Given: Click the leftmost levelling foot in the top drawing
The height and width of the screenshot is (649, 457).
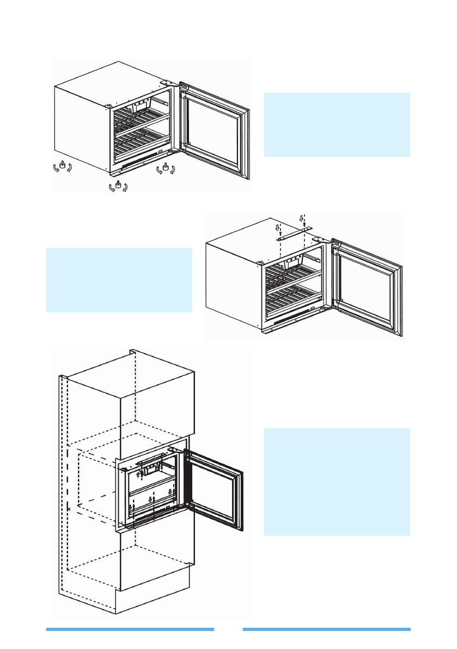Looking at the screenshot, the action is coord(63,165).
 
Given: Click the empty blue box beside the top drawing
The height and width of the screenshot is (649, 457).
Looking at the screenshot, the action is coord(337,125).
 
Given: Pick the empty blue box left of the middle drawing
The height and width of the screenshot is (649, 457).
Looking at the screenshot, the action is coord(119,280).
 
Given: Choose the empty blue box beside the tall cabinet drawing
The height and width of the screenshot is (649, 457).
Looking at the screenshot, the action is coord(337,482).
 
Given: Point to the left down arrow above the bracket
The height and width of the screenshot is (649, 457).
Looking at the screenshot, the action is coord(277,227).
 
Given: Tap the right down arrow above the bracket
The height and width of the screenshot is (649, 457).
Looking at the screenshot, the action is coord(302,218).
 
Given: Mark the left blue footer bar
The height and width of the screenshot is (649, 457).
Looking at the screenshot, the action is coord(130,629).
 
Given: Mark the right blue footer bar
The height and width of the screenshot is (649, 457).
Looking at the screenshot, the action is coord(327,629).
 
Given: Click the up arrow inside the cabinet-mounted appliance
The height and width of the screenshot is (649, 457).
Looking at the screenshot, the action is coord(138,475).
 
